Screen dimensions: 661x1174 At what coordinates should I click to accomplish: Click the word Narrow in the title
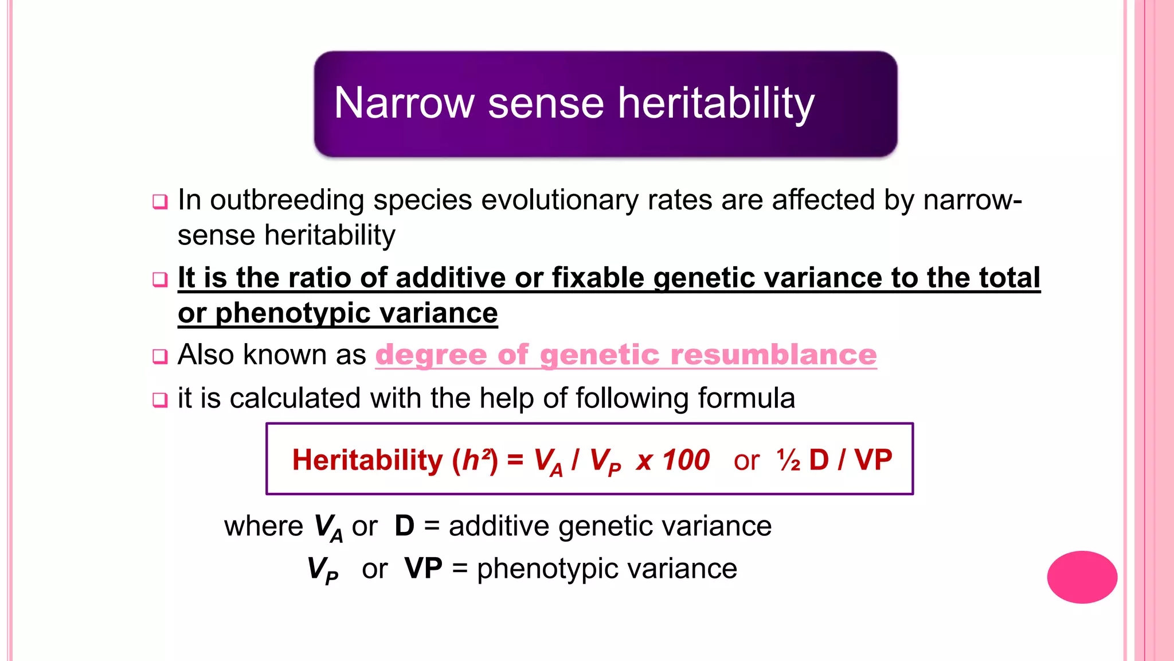pos(404,103)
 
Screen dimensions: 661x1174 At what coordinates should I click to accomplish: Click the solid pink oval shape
pos(1082,577)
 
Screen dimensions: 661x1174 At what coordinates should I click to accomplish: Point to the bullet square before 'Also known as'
pos(160,356)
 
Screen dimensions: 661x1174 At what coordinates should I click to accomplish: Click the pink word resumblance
pos(773,355)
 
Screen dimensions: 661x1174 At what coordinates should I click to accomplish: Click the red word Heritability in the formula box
pos(367,460)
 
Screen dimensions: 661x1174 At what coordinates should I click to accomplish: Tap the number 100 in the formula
pos(686,460)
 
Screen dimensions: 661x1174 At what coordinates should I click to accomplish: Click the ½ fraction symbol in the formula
pos(789,460)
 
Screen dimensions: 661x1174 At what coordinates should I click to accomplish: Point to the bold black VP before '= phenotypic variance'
pos(423,569)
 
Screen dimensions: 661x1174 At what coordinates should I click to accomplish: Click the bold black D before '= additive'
pos(404,526)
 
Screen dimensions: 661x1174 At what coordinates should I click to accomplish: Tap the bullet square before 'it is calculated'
pos(160,399)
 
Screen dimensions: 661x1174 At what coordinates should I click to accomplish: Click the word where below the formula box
pos(263,526)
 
